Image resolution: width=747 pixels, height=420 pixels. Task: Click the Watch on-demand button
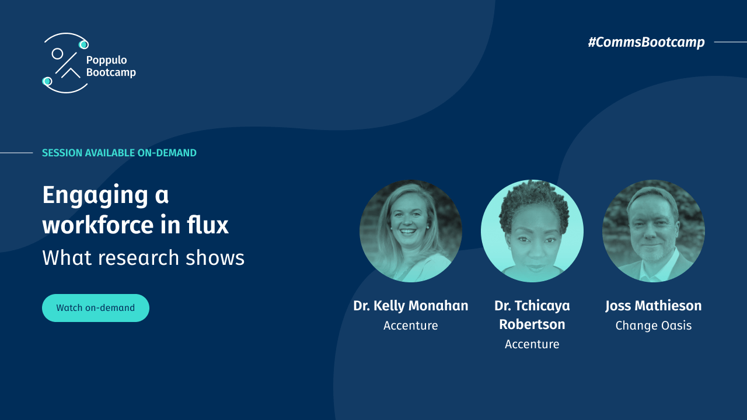(95, 308)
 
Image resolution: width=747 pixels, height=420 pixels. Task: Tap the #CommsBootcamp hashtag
(646, 42)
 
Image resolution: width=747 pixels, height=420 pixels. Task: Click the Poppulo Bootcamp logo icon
(65, 63)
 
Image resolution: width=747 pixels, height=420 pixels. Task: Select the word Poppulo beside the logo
(106, 60)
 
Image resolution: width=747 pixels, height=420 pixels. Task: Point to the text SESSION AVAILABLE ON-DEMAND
(119, 153)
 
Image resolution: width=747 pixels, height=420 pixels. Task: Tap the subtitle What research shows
(143, 258)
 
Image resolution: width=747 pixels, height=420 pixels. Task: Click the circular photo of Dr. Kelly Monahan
(411, 231)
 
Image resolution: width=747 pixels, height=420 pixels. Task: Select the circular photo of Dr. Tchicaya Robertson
(532, 231)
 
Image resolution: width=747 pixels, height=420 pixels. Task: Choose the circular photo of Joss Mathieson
(654, 231)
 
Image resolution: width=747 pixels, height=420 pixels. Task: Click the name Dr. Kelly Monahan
(411, 306)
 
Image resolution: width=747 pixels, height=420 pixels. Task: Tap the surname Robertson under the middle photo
(532, 324)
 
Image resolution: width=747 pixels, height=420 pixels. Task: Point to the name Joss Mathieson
(654, 306)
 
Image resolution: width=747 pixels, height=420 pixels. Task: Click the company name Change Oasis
(654, 325)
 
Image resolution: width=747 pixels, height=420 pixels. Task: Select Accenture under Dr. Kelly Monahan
(411, 325)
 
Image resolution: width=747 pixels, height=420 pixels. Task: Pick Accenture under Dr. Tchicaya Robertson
(532, 344)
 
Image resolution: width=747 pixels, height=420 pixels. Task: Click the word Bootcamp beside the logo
(111, 72)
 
